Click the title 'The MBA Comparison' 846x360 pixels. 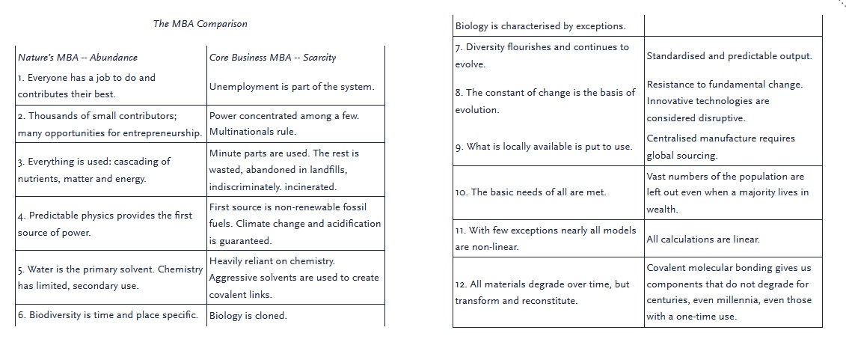pyautogui.click(x=200, y=24)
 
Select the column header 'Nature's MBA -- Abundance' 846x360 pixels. pyautogui.click(x=77, y=57)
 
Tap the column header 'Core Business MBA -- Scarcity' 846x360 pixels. pyautogui.click(x=272, y=57)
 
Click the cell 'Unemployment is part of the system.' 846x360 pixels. pyautogui.click(x=291, y=87)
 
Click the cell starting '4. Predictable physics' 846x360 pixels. pyautogui.click(x=105, y=224)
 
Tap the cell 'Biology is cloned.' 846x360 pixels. pyautogui.click(x=248, y=316)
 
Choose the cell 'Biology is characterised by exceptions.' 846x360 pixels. pyautogui.click(x=540, y=26)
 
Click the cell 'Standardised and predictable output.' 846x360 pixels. pyautogui.click(x=729, y=56)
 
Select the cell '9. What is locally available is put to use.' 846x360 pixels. pyautogui.click(x=543, y=147)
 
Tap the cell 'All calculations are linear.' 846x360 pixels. pyautogui.click(x=702, y=240)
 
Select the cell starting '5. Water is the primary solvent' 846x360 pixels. pyautogui.click(x=110, y=277)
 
